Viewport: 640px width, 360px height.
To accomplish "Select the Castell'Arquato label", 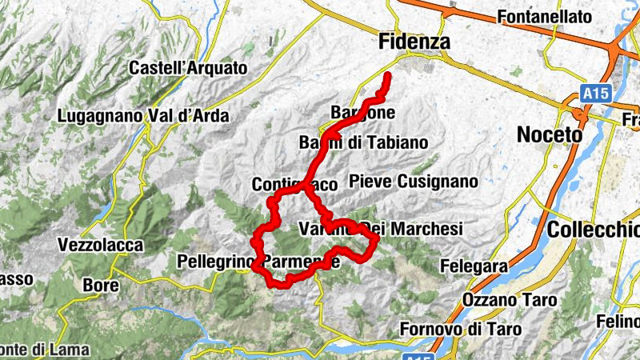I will point(188,68).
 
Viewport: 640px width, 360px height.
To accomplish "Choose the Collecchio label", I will point(593,230).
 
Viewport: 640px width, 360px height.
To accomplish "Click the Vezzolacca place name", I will point(100,245).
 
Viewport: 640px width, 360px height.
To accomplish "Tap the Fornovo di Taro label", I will point(461,329).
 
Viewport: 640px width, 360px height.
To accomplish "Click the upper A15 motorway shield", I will point(595,94).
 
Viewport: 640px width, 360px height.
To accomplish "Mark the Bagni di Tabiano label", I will point(363,142).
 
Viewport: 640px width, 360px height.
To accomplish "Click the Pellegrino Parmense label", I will point(258,261).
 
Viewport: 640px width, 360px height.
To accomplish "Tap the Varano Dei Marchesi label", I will point(381,229).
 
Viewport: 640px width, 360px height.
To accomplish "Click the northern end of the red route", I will point(388,76).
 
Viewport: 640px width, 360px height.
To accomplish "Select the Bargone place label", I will point(362,113).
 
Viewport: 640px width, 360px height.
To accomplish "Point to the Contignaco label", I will point(294,184).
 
